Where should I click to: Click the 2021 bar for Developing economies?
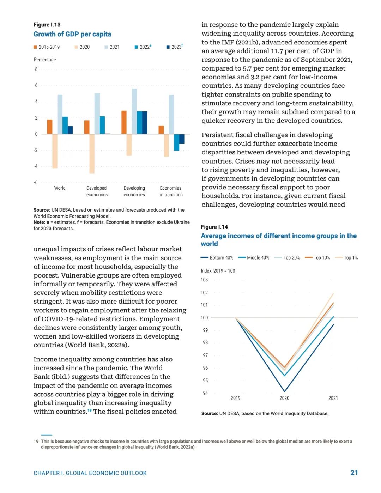pyautogui.click(x=134, y=111)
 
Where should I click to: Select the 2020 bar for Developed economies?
pyautogui.click(x=92, y=154)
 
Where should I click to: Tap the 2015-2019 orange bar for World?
pyautogui.click(x=50, y=127)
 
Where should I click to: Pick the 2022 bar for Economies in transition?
pyautogui.click(x=176, y=142)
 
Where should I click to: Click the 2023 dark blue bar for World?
pyautogui.click(x=70, y=130)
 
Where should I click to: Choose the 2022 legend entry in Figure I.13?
pyautogui.click(x=143, y=47)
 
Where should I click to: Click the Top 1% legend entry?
pyautogui.click(x=346, y=257)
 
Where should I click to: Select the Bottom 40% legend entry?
pyautogui.click(x=217, y=257)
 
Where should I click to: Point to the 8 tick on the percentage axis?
pyautogui.click(x=36, y=69)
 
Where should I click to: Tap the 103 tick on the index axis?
pyautogui.click(x=204, y=280)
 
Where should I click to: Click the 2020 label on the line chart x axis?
pyautogui.click(x=284, y=398)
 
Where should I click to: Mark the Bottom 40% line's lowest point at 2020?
pyautogui.click(x=285, y=391)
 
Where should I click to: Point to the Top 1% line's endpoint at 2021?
pyautogui.click(x=333, y=293)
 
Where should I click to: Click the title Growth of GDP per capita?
pyautogui.click(x=72, y=34)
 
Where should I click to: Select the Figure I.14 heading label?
pyautogui.click(x=214, y=227)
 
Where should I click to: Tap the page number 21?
pyautogui.click(x=354, y=473)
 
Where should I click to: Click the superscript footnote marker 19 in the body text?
pyautogui.click(x=90, y=410)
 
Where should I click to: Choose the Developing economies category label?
pyautogui.click(x=134, y=191)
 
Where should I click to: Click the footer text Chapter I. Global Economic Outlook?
pyautogui.click(x=90, y=473)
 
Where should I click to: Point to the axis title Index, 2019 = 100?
pyautogui.click(x=218, y=271)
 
